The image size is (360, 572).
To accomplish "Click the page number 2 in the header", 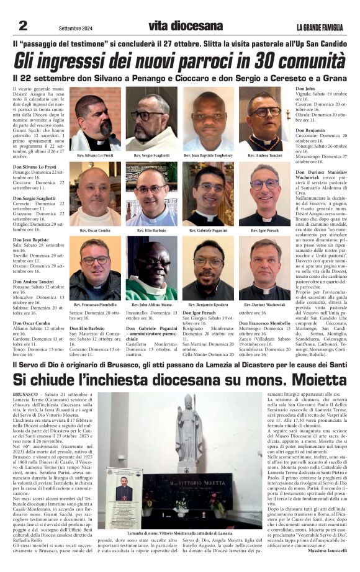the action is (23, 25).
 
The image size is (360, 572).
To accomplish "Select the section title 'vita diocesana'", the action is (185, 26).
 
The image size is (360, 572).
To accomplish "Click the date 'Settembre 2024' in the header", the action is (75, 28).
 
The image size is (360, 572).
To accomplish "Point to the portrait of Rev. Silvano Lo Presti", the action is (95, 118).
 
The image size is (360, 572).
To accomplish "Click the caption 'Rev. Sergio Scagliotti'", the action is (151, 155).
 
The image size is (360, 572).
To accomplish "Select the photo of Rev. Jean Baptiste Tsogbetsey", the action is (208, 118).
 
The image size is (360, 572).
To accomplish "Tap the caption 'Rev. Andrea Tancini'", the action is (264, 155).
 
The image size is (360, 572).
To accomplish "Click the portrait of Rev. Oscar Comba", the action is (95, 194).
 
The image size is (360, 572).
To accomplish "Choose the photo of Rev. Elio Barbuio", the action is (151, 194).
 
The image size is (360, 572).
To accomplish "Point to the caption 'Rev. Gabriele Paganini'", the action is (208, 230).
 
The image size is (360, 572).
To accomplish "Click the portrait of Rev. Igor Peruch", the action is (264, 194).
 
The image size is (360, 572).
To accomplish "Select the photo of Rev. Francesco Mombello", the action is (95, 268).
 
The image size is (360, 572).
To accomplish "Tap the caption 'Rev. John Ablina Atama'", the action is (151, 305).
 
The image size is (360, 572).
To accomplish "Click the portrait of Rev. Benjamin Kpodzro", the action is (208, 268).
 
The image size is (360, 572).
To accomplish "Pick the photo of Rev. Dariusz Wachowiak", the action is (264, 268).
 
